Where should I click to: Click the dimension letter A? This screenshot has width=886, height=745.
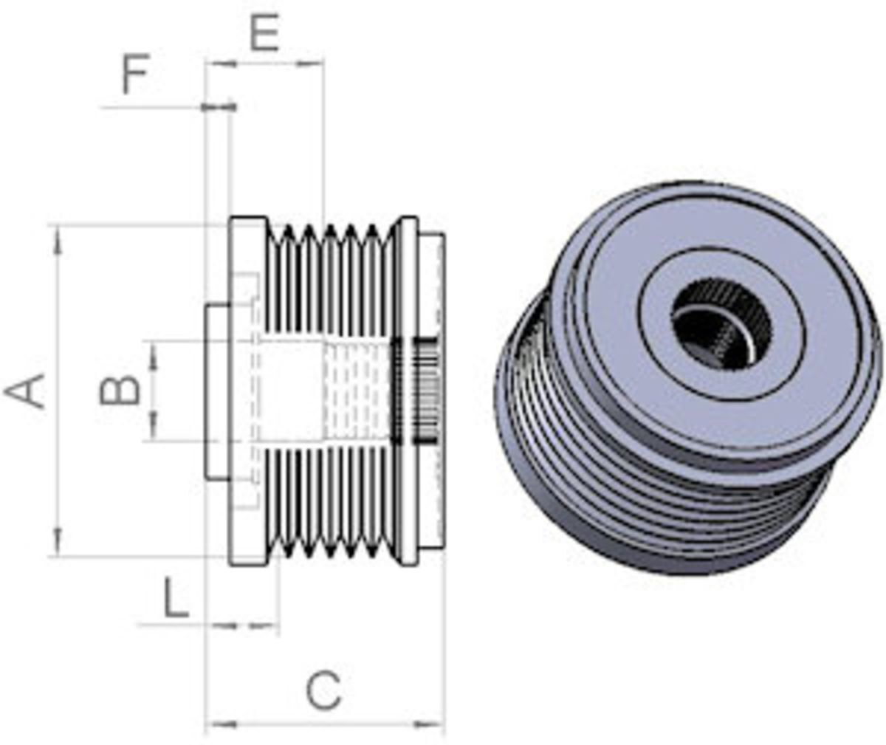point(25,391)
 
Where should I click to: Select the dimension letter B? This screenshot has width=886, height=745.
point(120,391)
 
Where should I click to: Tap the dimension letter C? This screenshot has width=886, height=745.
point(323,690)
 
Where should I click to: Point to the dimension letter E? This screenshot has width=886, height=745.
point(265,32)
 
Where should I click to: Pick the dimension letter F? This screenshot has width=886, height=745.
point(135,74)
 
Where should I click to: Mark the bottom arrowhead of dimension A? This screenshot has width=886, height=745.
point(58,541)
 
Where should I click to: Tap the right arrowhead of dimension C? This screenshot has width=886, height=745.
point(430,724)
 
